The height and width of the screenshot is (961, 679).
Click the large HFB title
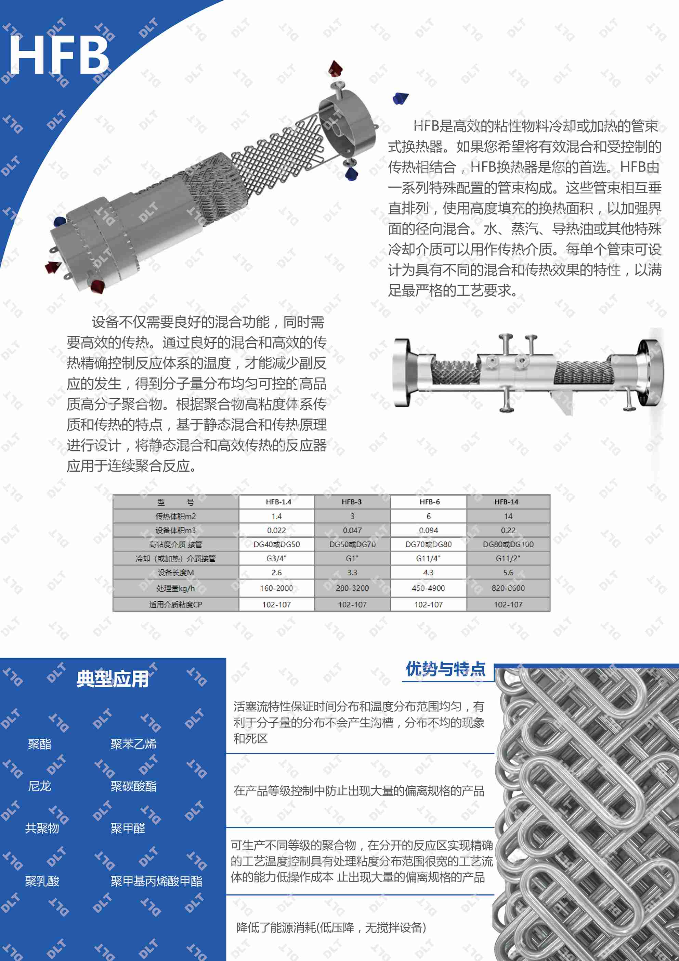tap(58, 54)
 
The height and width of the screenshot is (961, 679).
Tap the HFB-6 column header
tap(429, 502)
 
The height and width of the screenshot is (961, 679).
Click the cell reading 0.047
tap(352, 530)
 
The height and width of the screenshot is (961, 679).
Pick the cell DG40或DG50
tap(276, 544)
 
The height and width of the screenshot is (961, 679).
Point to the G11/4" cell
tap(428, 558)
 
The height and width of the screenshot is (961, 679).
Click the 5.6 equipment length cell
tap(508, 572)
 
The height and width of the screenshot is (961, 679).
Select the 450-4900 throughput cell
tap(428, 588)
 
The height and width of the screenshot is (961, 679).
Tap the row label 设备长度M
tap(175, 572)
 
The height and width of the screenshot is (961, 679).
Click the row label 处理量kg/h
tap(175, 588)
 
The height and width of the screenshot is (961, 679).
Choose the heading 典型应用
tap(112, 679)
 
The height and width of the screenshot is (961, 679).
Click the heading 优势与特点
tap(446, 669)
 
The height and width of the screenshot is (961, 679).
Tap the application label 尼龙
tap(39, 786)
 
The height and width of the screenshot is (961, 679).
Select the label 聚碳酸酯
tap(133, 786)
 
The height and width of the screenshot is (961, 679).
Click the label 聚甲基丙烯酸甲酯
tap(156, 882)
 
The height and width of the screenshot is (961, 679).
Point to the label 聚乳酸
tap(42, 882)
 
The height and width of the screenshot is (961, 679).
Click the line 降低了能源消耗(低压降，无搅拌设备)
tap(331, 927)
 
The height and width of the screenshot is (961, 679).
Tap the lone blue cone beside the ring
tap(400, 98)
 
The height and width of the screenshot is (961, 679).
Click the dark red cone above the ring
tap(335, 68)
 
